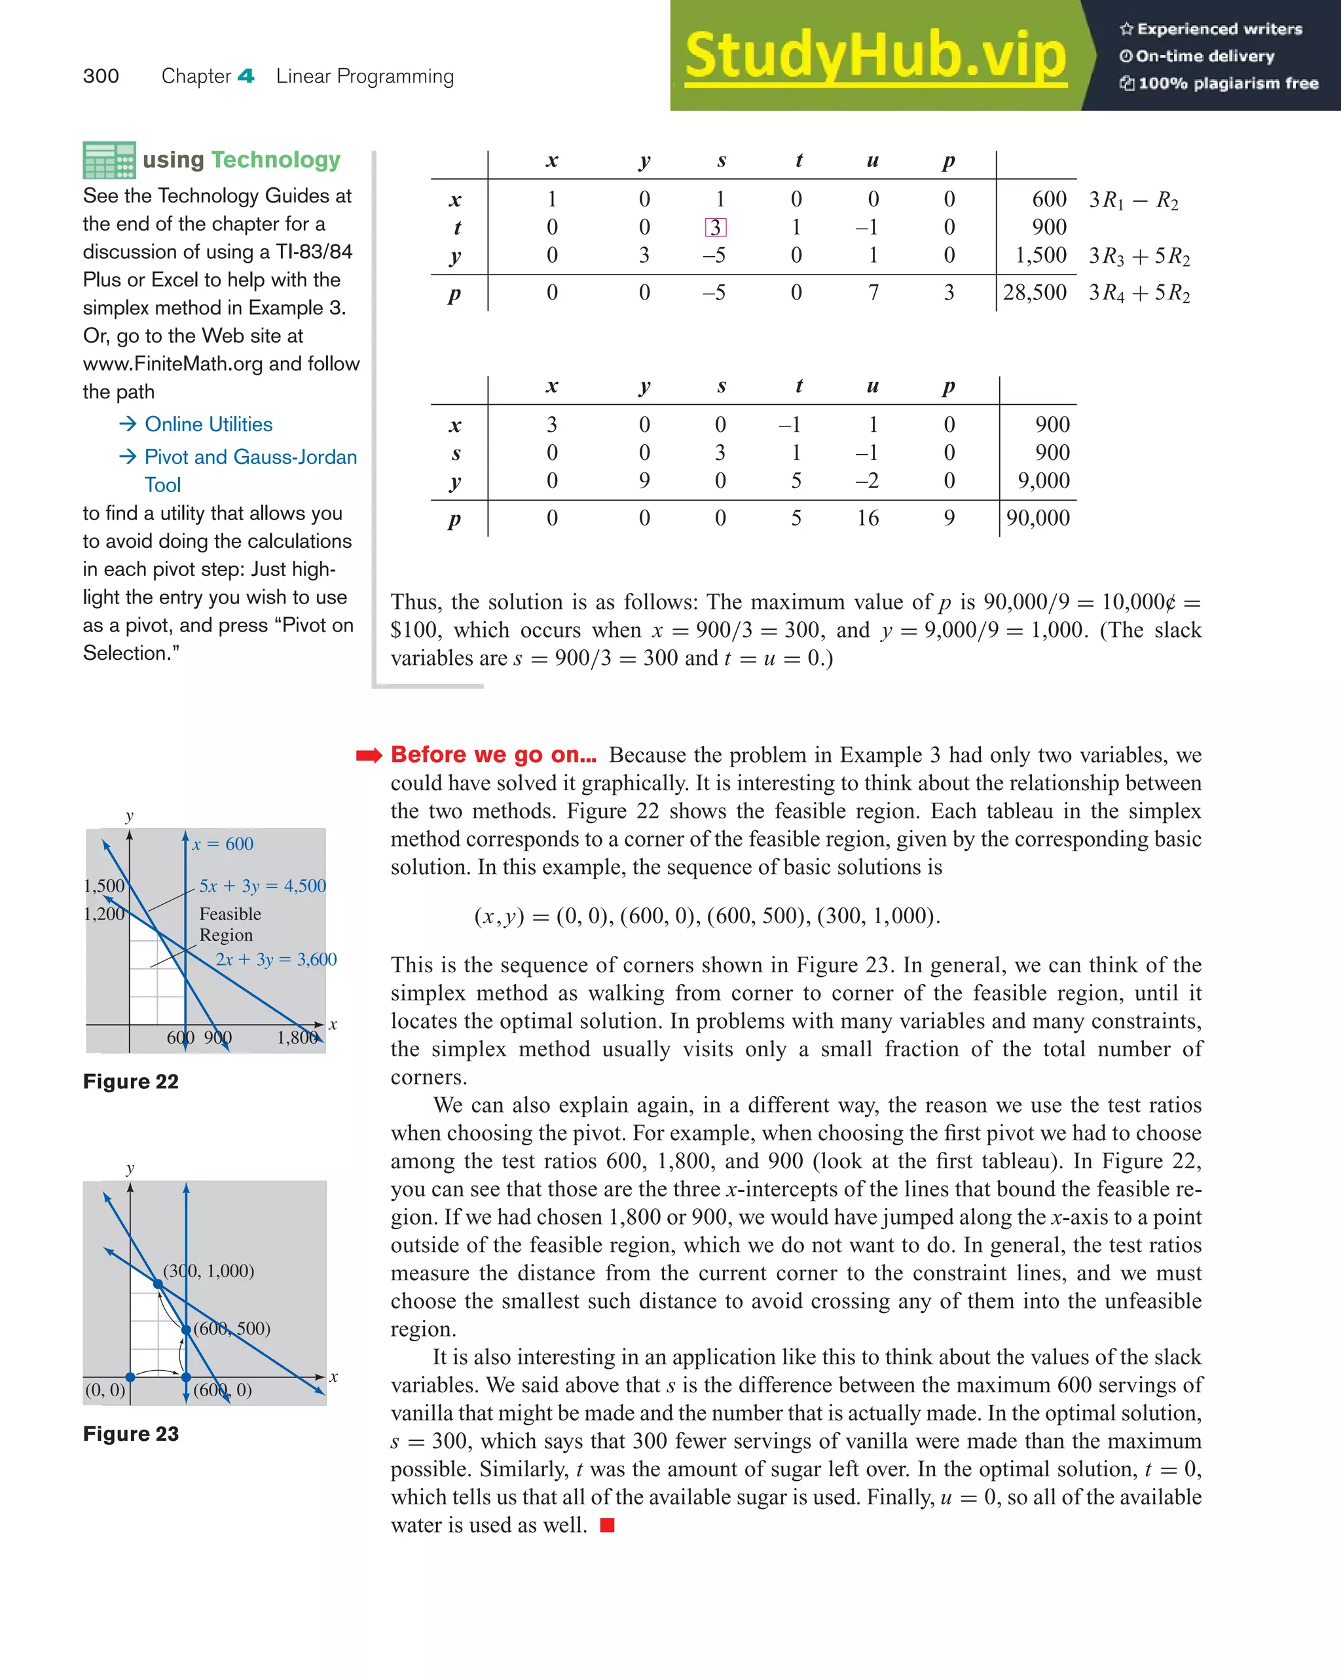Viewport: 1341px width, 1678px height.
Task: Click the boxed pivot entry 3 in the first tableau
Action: point(715,227)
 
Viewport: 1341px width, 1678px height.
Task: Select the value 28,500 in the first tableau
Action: point(1035,293)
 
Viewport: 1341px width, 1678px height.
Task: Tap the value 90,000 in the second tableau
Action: point(1038,518)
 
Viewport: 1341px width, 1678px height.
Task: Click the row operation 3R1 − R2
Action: point(1133,200)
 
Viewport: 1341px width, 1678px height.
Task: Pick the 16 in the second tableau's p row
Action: point(868,518)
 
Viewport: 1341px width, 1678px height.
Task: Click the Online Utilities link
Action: point(208,424)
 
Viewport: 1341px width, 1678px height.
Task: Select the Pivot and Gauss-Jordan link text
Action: point(251,457)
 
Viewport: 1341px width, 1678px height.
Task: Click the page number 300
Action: point(101,76)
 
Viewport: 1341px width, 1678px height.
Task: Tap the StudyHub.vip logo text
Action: point(875,56)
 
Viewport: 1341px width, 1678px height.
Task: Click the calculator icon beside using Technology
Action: point(109,161)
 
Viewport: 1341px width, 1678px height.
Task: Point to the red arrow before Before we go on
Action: point(369,755)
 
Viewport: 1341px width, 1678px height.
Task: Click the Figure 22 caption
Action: point(131,1082)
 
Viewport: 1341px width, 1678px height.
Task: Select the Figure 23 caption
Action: point(131,1434)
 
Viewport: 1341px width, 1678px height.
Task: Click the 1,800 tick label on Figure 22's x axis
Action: point(297,1037)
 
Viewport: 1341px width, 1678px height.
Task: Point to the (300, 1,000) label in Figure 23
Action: point(208,1270)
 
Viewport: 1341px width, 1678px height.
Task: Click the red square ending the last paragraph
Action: point(608,1525)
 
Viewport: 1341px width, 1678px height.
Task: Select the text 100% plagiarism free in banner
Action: point(1228,83)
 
